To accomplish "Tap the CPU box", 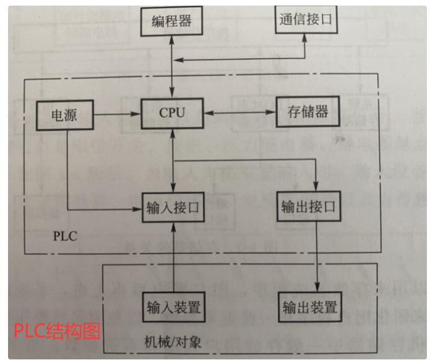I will click(x=172, y=113).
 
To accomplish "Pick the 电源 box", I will click(x=65, y=115).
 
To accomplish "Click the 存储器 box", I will click(x=307, y=113).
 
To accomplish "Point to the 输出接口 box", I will click(x=307, y=207).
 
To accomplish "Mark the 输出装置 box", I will click(x=309, y=307).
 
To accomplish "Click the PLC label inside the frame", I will click(x=65, y=236).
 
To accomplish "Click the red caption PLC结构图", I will click(x=57, y=330).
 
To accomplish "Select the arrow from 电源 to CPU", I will click(x=118, y=114).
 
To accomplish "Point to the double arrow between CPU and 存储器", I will click(x=239, y=113).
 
